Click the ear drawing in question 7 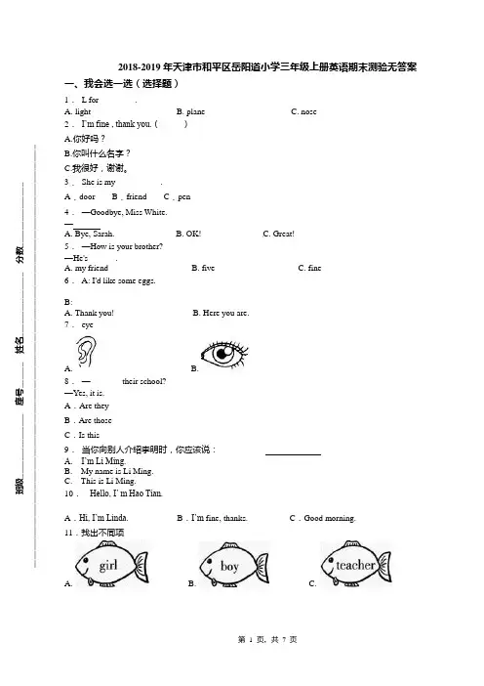(86, 352)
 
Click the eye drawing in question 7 (224, 353)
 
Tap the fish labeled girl (111, 565)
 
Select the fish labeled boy (234, 565)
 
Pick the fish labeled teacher (356, 565)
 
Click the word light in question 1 (83, 111)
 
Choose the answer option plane (195, 111)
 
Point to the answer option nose (308, 111)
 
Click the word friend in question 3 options (137, 196)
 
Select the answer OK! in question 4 (193, 234)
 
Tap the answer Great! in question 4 (284, 234)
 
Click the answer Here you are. (225, 313)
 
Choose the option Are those (96, 420)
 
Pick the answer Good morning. (330, 518)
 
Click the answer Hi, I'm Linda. (103, 518)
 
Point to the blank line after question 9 (293, 454)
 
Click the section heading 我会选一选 (108, 83)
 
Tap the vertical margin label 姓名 (20, 345)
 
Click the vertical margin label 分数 (20, 254)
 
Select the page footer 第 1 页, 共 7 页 (267, 640)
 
